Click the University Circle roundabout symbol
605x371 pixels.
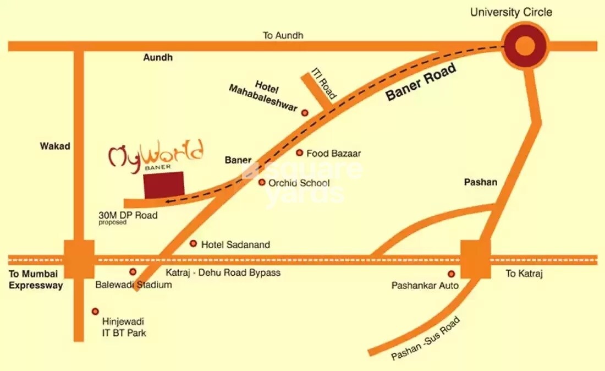pos(525,45)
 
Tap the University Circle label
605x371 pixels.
pos(511,12)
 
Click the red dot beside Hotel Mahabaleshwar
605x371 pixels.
pos(305,112)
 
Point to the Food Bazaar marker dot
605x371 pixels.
pos(300,153)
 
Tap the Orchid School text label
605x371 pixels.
pos(299,183)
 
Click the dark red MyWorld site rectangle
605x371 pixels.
pos(164,184)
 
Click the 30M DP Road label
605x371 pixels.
pos(128,215)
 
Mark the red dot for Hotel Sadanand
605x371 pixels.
pos(193,243)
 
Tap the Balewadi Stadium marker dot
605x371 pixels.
pos(133,272)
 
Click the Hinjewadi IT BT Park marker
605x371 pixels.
pos(95,312)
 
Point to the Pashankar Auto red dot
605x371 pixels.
pos(451,274)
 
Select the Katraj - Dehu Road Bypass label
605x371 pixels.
pos(223,272)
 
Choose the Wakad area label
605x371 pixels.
pos(55,146)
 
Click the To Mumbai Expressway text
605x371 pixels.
pos(36,279)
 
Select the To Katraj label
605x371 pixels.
pos(524,274)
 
